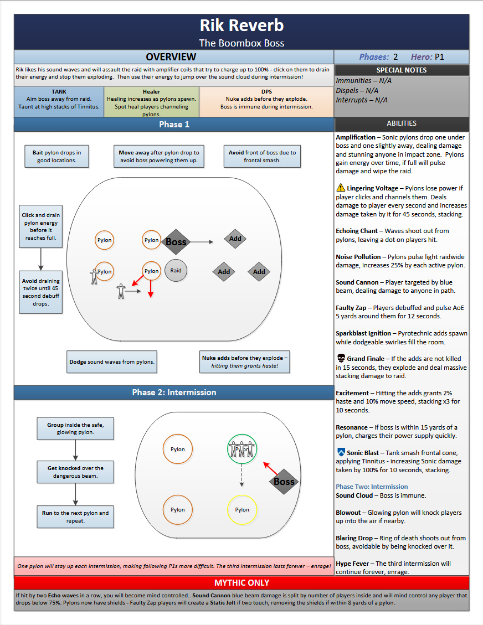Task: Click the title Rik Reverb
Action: (242, 25)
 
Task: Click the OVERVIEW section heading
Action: (171, 57)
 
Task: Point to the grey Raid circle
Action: (176, 271)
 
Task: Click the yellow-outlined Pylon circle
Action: (242, 510)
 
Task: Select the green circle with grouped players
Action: (242, 449)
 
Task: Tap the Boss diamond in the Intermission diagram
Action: (284, 482)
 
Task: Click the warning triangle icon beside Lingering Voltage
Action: (341, 189)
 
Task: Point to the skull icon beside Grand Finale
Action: (341, 359)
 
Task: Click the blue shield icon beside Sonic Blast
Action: (341, 452)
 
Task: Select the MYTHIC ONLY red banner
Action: (242, 583)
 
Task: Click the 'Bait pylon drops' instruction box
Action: (56, 157)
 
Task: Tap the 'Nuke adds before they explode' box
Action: (245, 362)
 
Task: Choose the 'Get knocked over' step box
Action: (75, 472)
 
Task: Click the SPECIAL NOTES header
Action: (402, 70)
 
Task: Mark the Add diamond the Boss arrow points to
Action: (235, 239)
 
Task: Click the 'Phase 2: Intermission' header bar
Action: (174, 392)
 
